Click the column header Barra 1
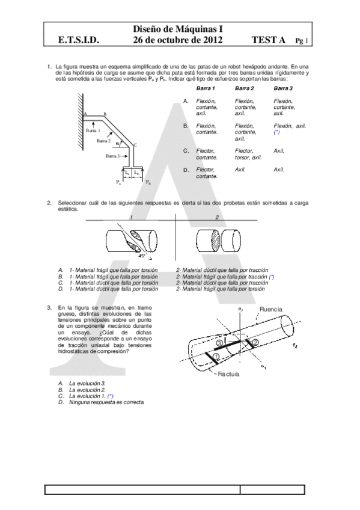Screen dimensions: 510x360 point(206,88)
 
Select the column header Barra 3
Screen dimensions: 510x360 point(282,88)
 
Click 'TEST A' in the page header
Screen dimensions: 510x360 point(269,40)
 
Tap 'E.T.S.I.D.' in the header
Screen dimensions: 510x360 point(78,40)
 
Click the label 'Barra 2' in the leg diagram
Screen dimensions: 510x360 point(105,140)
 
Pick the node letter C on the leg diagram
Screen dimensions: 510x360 point(136,144)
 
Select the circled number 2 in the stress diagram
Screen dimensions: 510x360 point(255,342)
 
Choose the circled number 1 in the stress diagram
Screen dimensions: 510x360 point(216,356)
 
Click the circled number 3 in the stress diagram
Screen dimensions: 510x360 point(219,342)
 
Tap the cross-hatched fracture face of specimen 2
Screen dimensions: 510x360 point(216,241)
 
